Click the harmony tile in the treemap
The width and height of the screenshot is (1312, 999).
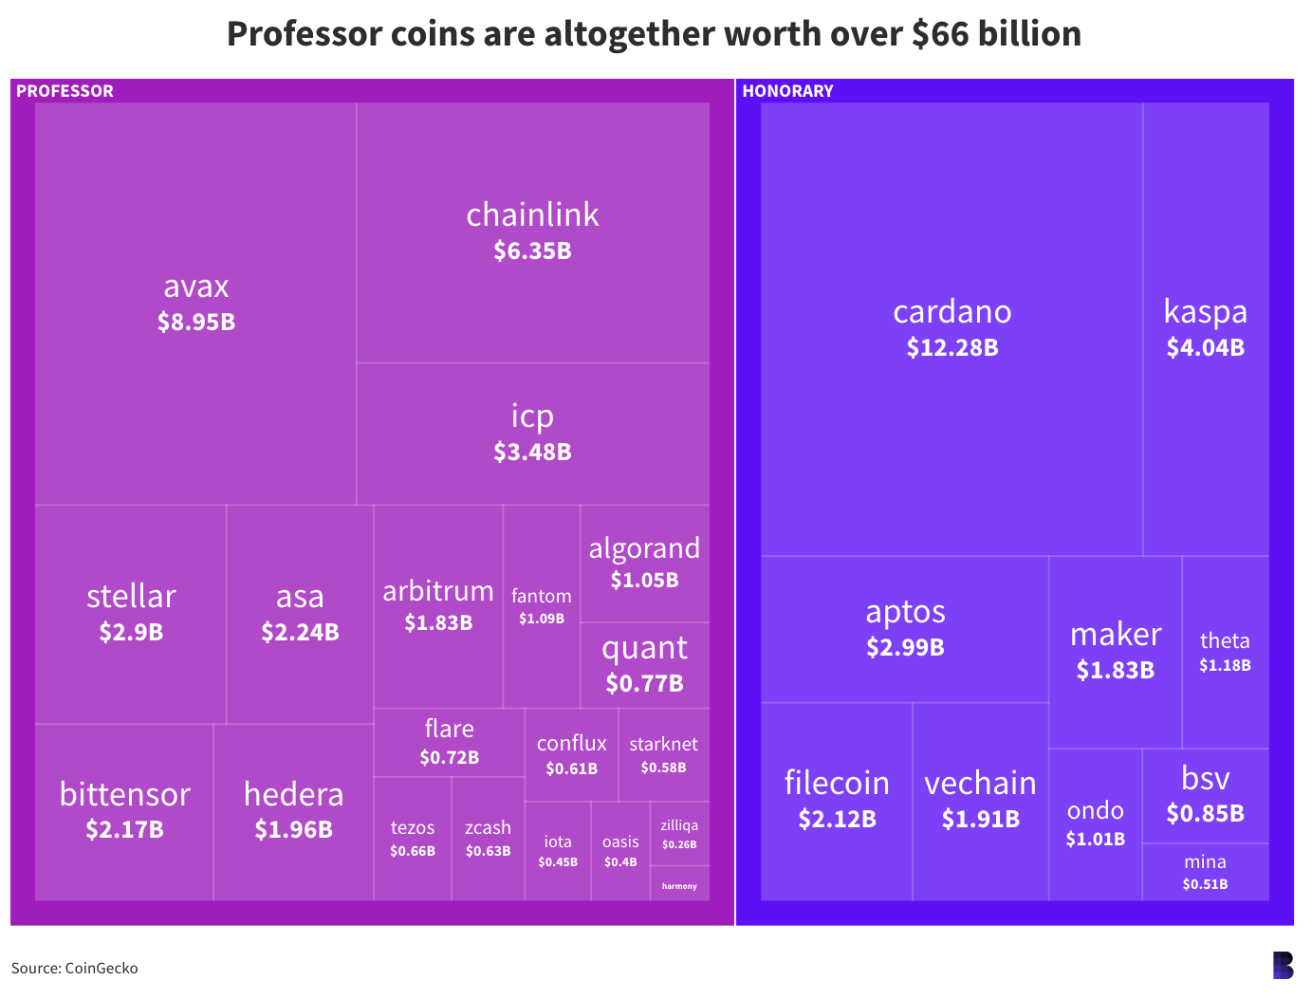(x=679, y=884)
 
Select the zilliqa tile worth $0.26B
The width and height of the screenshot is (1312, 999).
(x=679, y=834)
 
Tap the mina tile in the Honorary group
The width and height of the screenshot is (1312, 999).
(x=1205, y=872)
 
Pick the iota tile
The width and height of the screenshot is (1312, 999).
(x=558, y=851)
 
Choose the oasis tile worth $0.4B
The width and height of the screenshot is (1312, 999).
(x=620, y=851)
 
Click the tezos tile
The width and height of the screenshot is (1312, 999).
(x=413, y=838)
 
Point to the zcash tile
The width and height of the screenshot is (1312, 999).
(x=488, y=838)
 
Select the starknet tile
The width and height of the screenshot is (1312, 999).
(x=663, y=754)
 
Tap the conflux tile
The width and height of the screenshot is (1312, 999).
(x=571, y=754)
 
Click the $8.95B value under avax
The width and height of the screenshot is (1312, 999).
(x=196, y=323)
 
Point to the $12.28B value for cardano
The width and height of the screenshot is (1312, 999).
(x=952, y=348)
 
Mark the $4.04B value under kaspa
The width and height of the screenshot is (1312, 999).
(x=1205, y=348)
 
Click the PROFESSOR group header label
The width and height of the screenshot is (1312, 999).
(x=65, y=91)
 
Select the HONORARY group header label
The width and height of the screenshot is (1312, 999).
(x=787, y=91)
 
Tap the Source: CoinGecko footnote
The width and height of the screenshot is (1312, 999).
(x=75, y=969)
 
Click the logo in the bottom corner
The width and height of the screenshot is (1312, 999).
(x=1283, y=966)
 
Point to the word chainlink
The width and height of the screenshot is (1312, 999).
(x=532, y=215)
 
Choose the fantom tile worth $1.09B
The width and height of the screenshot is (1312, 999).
(x=542, y=606)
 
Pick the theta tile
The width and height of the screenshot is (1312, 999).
(x=1225, y=652)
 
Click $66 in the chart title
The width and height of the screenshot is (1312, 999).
(x=940, y=34)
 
